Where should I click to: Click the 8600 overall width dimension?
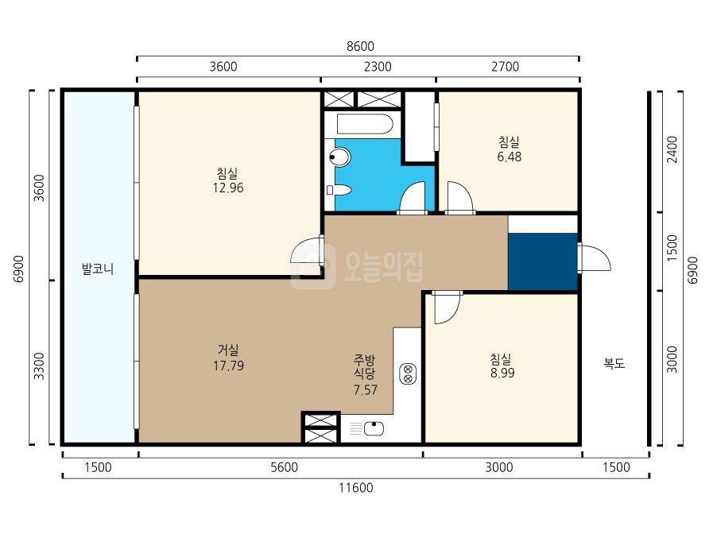[360, 46]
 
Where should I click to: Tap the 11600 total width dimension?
[355, 488]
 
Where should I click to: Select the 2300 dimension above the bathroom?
[378, 67]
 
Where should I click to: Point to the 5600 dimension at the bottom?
[285, 467]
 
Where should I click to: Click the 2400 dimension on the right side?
[672, 149]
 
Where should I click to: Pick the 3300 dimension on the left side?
[40, 366]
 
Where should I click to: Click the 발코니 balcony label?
[97, 269]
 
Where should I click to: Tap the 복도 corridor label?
[614, 363]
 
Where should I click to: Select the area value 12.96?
[228, 188]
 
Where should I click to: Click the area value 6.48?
[510, 157]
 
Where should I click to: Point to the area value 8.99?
[502, 373]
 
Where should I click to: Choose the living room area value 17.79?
[228, 366]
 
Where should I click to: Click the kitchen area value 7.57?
[365, 390]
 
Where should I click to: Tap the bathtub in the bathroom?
[364, 124]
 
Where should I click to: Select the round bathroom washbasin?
[339, 157]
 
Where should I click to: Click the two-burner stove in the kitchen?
[408, 373]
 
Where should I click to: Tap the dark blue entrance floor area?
[542, 261]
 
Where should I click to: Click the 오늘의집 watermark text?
[384, 267]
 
